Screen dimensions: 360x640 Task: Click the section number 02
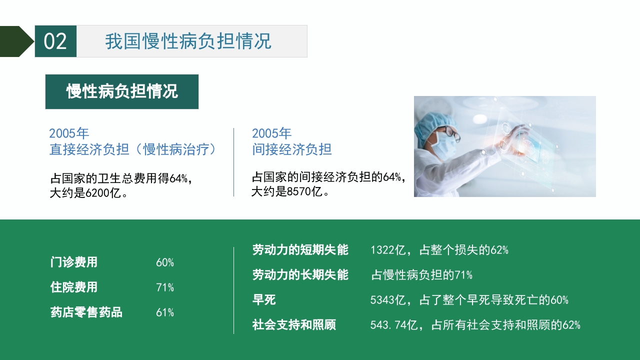[x=55, y=41]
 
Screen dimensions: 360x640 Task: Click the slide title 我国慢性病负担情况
[x=188, y=41]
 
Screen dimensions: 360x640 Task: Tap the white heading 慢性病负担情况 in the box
[x=122, y=91]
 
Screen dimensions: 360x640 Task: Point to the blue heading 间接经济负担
[x=291, y=149]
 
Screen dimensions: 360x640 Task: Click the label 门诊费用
[x=74, y=262]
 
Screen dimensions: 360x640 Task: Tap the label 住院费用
[x=74, y=287]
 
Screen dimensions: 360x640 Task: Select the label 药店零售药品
[x=86, y=312]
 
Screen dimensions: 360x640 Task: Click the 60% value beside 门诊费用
[x=164, y=262]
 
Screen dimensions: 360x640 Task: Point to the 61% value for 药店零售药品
[x=164, y=312]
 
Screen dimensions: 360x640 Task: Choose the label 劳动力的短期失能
[x=300, y=250]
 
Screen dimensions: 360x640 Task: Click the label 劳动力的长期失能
[x=300, y=274]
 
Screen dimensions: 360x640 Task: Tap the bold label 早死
[x=264, y=300]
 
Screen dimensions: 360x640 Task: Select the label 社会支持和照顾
[x=294, y=325]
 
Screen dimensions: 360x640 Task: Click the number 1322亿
[x=387, y=250]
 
